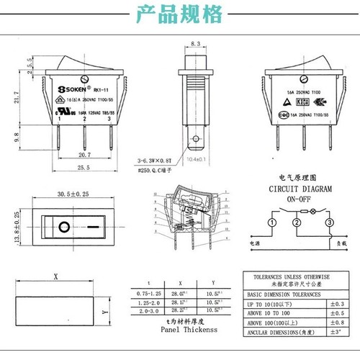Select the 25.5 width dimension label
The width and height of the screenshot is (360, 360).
click(84, 168)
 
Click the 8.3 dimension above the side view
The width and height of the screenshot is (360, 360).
click(196, 44)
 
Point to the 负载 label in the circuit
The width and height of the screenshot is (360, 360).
click(329, 244)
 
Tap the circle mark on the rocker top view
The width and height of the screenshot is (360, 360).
click(64, 228)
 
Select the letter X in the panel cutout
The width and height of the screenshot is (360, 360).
click(55, 276)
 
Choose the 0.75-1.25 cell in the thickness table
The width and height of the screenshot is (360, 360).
click(149, 294)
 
